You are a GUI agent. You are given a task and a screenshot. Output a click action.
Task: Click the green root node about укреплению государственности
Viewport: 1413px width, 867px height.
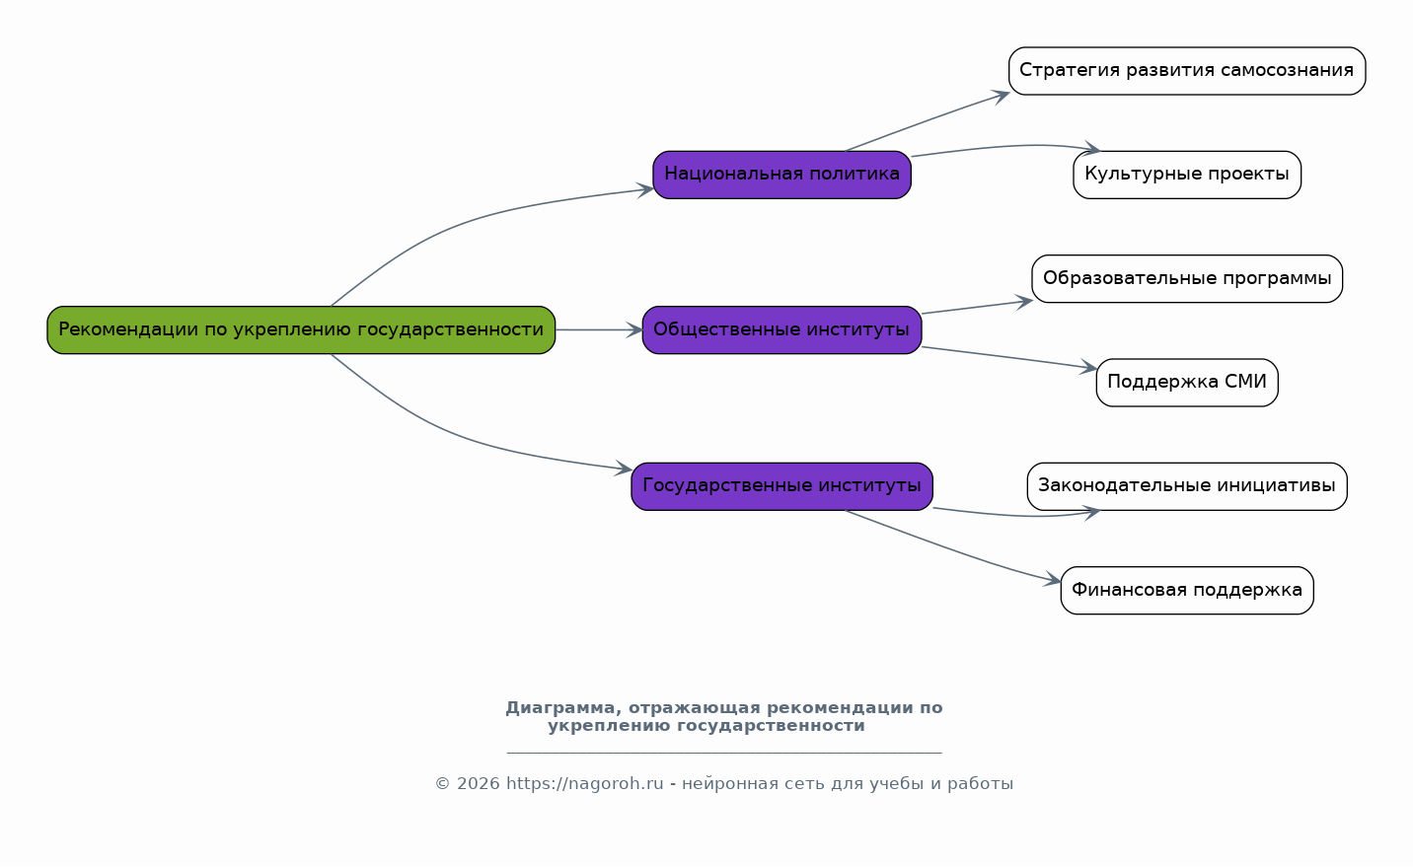301,329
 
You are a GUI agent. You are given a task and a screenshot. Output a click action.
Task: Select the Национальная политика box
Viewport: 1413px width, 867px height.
781,175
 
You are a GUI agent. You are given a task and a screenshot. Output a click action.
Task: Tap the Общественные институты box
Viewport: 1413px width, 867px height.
781,329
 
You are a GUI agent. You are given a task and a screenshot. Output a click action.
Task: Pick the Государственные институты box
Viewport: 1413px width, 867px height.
781,486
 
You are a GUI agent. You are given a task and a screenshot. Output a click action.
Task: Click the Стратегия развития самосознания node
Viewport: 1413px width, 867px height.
1186,71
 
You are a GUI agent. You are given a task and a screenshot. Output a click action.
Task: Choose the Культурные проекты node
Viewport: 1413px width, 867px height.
1186,175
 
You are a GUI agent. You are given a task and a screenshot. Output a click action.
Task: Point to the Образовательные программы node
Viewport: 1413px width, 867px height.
1186,279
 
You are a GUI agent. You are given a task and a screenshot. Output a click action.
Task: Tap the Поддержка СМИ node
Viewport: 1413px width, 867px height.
1186,383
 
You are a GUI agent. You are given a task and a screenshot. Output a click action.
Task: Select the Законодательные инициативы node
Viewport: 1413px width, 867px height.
1186,486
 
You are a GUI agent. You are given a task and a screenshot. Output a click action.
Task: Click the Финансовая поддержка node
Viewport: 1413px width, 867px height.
1186,590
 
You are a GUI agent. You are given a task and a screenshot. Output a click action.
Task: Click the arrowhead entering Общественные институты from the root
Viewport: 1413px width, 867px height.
633,329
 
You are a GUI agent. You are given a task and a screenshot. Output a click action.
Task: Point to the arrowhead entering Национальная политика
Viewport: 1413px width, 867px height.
644,189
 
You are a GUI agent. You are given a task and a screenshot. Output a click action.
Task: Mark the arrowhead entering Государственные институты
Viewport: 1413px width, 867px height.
624,468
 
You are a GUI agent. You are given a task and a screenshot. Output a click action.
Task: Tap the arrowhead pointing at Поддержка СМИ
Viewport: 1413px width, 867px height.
1088,367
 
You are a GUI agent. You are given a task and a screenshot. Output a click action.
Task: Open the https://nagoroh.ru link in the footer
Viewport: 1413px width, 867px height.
585,784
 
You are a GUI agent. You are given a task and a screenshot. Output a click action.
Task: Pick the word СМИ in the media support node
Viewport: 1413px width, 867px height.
1245,382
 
